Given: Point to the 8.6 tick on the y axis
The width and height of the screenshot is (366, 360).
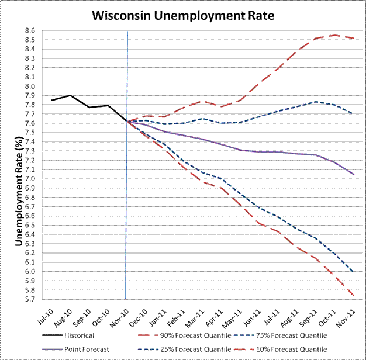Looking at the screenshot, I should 30,31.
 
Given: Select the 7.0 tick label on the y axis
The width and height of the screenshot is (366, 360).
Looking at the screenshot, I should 30,179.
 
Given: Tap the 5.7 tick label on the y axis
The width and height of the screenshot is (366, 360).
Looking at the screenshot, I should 30,299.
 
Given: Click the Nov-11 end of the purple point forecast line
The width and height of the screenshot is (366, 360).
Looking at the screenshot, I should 353,174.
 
